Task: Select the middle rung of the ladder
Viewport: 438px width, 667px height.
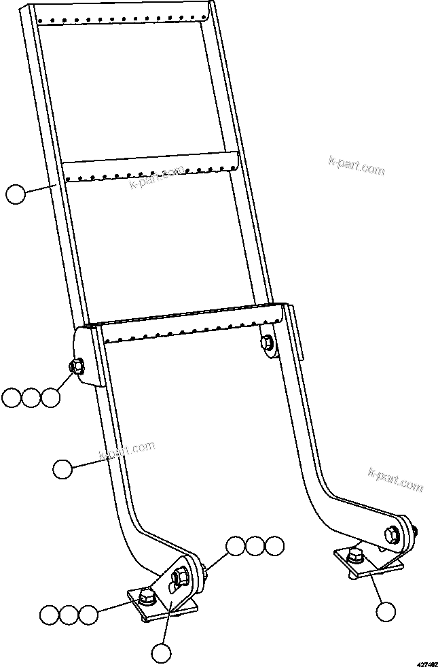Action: tap(149, 170)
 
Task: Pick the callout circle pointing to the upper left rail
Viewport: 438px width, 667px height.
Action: tap(15, 194)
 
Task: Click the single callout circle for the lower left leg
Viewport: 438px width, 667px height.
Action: tap(62, 468)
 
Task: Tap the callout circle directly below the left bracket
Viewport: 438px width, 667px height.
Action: tap(161, 653)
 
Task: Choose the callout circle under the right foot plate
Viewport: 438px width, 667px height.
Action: tap(386, 611)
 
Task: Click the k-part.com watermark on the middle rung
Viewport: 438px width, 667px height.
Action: tap(157, 177)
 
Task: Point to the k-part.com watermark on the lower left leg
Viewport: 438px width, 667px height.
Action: tap(127, 450)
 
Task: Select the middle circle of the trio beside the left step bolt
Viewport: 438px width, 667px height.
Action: tap(31, 398)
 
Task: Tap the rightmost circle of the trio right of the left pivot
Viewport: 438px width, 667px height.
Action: tap(274, 545)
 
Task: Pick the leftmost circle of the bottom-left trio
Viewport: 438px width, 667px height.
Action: tap(49, 615)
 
